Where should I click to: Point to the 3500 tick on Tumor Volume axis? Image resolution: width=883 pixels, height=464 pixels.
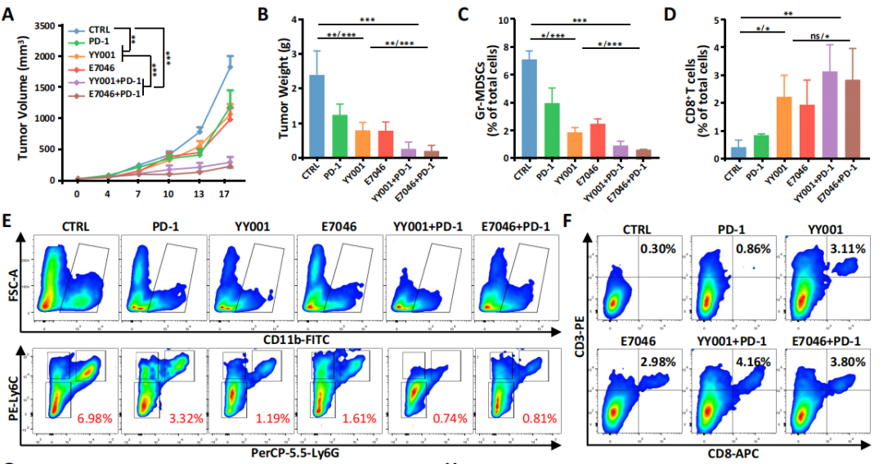45,26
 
